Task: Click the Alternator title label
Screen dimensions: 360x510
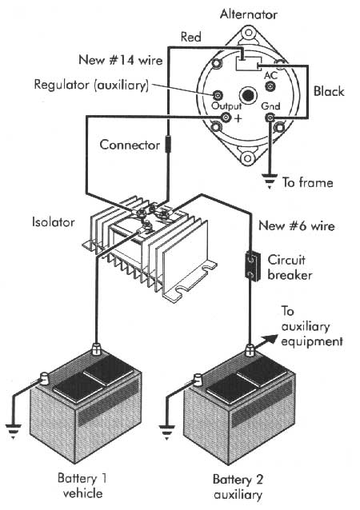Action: pyautogui.click(x=249, y=14)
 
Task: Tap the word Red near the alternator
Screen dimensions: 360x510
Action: pyautogui.click(x=191, y=37)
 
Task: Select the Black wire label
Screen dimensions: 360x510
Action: pyautogui.click(x=329, y=91)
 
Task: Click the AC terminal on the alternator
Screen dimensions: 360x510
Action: pyautogui.click(x=270, y=86)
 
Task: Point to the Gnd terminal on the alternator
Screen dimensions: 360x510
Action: pyautogui.click(x=270, y=118)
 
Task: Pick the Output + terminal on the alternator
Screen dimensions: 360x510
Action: pyautogui.click(x=226, y=117)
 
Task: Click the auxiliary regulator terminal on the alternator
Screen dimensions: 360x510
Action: pyautogui.click(x=217, y=95)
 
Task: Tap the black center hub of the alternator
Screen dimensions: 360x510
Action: pyautogui.click(x=248, y=96)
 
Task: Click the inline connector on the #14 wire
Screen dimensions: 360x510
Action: pyautogui.click(x=168, y=144)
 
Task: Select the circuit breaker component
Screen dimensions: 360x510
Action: pyautogui.click(x=251, y=266)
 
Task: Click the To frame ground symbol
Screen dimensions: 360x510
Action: pyautogui.click(x=270, y=181)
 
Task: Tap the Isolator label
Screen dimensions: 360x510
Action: pyautogui.click(x=53, y=222)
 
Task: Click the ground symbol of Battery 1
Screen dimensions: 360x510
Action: pyautogui.click(x=14, y=432)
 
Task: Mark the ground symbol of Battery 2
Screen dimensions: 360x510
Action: pyautogui.click(x=166, y=432)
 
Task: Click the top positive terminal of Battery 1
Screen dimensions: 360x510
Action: pyautogui.click(x=96, y=349)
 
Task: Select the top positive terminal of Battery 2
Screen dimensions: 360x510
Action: pyautogui.click(x=250, y=350)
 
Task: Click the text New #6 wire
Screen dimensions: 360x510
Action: pyautogui.click(x=297, y=225)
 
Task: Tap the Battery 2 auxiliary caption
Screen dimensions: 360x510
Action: pyautogui.click(x=238, y=487)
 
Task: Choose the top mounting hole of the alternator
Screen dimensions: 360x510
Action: pyautogui.click(x=248, y=33)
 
